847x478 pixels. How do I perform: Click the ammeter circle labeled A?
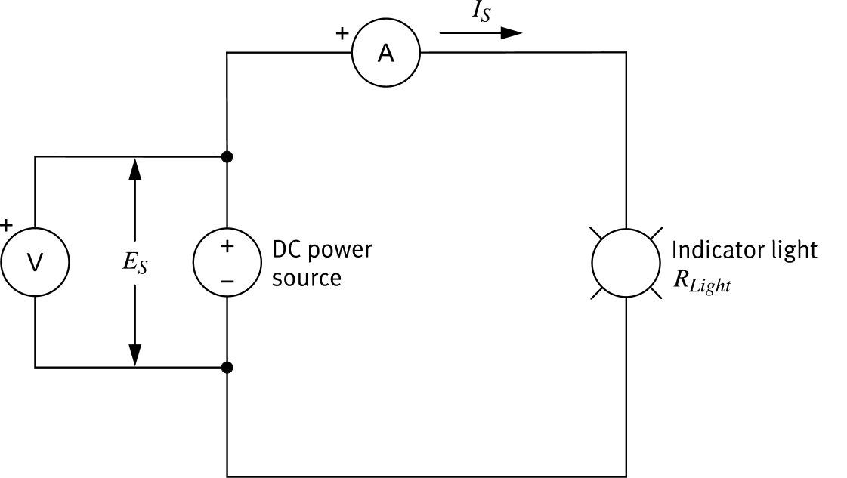pyautogui.click(x=386, y=53)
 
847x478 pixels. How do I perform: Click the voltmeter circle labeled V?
pyautogui.click(x=35, y=262)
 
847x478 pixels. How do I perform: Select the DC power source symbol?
pyautogui.click(x=227, y=263)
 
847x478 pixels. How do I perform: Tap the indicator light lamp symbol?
pyautogui.click(x=626, y=263)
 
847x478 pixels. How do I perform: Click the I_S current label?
pyautogui.click(x=480, y=12)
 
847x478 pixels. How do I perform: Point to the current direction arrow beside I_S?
pyautogui.click(x=481, y=33)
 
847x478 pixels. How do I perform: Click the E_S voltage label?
pyautogui.click(x=136, y=263)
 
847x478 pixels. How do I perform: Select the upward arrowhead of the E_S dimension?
pyautogui.click(x=135, y=168)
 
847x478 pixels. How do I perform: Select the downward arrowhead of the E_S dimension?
pyautogui.click(x=135, y=356)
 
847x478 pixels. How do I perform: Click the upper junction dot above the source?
pyautogui.click(x=227, y=157)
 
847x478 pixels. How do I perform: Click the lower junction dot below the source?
pyautogui.click(x=227, y=368)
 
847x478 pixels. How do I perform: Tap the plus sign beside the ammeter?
pyautogui.click(x=342, y=33)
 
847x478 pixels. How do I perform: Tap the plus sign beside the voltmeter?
pyautogui.click(x=7, y=224)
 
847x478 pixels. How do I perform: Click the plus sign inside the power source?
pyautogui.click(x=227, y=246)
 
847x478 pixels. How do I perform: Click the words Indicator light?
pyautogui.click(x=743, y=250)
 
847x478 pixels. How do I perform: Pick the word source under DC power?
pyautogui.click(x=306, y=278)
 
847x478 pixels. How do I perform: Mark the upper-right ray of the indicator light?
pyautogui.click(x=655, y=233)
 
